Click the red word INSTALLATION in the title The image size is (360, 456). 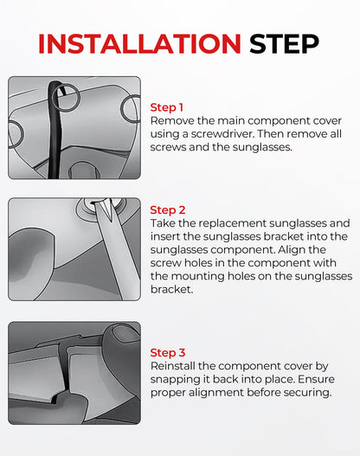click(x=139, y=44)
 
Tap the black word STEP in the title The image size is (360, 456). click(x=284, y=44)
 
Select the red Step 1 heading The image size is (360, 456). click(x=167, y=107)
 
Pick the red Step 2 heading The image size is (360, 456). click(x=168, y=210)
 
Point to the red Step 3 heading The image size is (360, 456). click(x=168, y=352)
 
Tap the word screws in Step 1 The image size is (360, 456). click(x=168, y=147)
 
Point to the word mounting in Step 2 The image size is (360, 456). click(x=197, y=276)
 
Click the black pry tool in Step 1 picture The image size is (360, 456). click(x=55, y=130)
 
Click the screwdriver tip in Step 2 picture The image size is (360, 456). click(x=107, y=208)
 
